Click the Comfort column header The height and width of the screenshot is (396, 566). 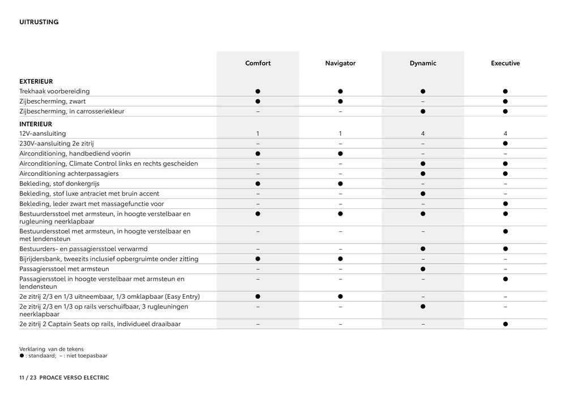tap(258, 63)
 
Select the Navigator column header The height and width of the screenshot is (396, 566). tap(340, 63)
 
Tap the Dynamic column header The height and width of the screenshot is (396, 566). tap(423, 63)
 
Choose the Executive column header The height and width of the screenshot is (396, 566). tap(505, 63)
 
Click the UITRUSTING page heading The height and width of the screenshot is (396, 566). tap(39, 22)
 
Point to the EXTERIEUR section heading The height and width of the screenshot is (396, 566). tap(36, 81)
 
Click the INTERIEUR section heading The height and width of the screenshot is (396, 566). tap(35, 124)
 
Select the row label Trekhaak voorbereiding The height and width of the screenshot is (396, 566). tap(54, 91)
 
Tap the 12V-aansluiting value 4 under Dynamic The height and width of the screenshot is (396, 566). tap(423, 134)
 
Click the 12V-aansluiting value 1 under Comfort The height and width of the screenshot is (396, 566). tap(258, 134)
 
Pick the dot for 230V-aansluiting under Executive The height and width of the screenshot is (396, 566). tap(505, 144)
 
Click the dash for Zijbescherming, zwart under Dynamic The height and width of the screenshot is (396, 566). tap(423, 101)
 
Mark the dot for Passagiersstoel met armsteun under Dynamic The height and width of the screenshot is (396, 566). tap(423, 269)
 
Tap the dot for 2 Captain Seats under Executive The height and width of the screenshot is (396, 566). tap(505, 324)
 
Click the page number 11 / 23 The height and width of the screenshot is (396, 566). tap(28, 377)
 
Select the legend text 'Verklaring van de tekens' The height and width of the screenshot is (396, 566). tap(52, 349)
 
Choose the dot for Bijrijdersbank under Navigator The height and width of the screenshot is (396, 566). tap(340, 259)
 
